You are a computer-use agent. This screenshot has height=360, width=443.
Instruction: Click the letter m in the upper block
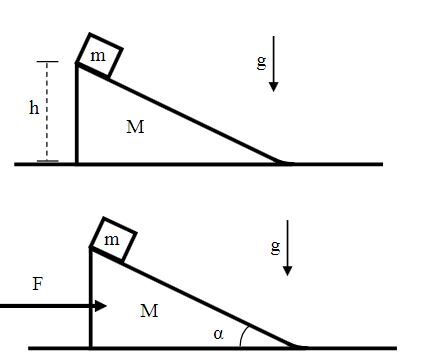tap(98, 56)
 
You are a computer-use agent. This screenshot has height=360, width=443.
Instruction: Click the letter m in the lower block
tap(112, 240)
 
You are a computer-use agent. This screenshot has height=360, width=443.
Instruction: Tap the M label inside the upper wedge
tap(135, 127)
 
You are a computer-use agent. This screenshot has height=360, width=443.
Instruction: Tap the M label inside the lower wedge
tap(149, 311)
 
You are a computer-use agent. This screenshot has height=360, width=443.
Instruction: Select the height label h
tap(34, 108)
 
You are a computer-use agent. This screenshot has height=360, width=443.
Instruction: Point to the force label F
tap(38, 284)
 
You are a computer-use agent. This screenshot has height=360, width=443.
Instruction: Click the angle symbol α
tap(218, 334)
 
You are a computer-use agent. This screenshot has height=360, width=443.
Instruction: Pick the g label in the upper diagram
tap(262, 63)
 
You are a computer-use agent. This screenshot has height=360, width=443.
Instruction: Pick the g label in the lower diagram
tap(276, 248)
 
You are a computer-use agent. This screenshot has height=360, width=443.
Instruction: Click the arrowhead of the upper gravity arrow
tap(274, 87)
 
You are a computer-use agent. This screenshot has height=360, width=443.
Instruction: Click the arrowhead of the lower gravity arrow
tap(287, 271)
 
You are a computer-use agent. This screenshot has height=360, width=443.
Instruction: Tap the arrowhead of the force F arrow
tap(101, 306)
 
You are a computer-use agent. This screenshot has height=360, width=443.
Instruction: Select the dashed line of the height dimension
tap(47, 111)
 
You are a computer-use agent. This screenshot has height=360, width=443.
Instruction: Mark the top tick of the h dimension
tap(47, 62)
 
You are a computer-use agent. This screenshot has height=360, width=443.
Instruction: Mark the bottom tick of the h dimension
tap(47, 161)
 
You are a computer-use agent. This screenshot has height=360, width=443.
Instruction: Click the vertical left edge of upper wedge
tap(77, 114)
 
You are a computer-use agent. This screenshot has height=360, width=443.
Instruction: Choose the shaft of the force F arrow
tap(48, 306)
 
